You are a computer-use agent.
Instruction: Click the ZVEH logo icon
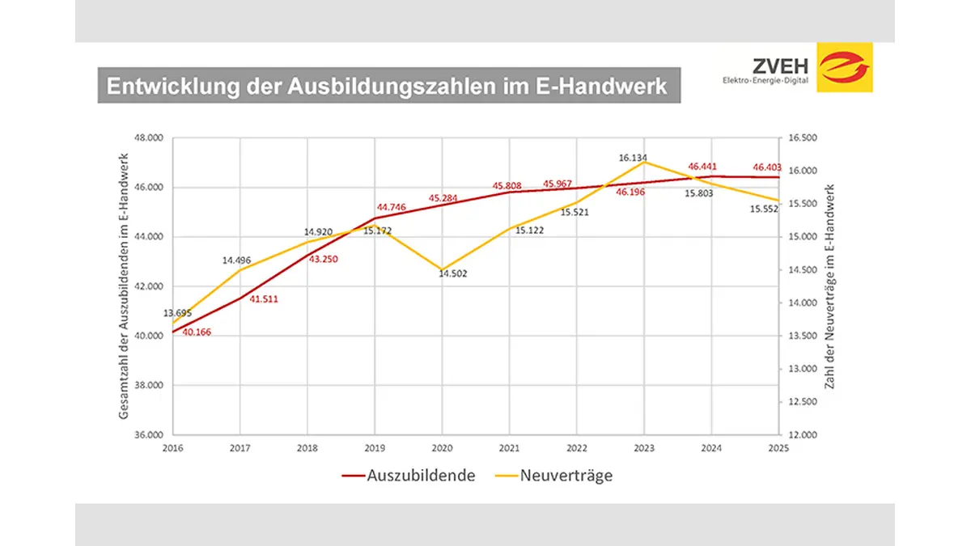click(x=845, y=69)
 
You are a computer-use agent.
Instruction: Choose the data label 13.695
click(x=179, y=313)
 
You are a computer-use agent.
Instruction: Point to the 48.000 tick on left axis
click(x=149, y=138)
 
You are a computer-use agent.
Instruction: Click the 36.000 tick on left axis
click(x=149, y=434)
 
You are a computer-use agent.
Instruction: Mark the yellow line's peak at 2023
click(x=644, y=162)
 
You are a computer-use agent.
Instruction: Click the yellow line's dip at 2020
click(x=442, y=269)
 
